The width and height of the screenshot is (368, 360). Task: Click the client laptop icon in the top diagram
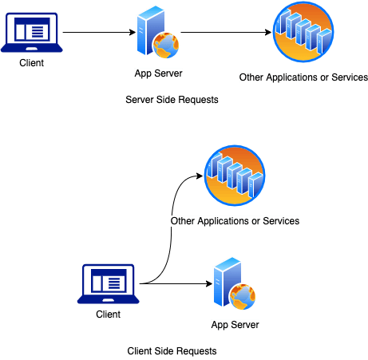tap(32, 32)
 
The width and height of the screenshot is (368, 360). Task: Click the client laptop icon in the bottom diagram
tap(109, 283)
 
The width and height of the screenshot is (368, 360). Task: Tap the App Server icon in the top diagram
tap(158, 32)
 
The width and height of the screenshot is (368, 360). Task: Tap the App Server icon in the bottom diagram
tap(235, 283)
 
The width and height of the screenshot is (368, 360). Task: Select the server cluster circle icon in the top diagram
tap(303, 32)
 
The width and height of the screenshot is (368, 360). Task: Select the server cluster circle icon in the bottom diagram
tap(235, 176)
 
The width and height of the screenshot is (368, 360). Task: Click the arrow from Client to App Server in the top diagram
tap(99, 32)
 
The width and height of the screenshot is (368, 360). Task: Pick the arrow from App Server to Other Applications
tap(226, 32)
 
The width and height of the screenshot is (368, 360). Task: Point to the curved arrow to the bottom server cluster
tap(172, 229)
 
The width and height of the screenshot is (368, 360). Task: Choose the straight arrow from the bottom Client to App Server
tap(176, 283)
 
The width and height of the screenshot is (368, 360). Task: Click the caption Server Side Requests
tap(172, 100)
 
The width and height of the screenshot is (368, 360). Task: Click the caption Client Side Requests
tap(172, 351)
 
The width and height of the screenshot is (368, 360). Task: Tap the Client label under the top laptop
tap(32, 63)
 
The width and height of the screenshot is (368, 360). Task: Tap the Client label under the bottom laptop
tap(109, 315)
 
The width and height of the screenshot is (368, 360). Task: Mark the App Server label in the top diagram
tap(158, 73)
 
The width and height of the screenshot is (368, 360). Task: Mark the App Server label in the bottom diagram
tap(235, 325)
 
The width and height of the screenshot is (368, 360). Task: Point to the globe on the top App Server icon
tap(166, 45)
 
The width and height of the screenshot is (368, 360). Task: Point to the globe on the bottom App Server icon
tap(243, 297)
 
